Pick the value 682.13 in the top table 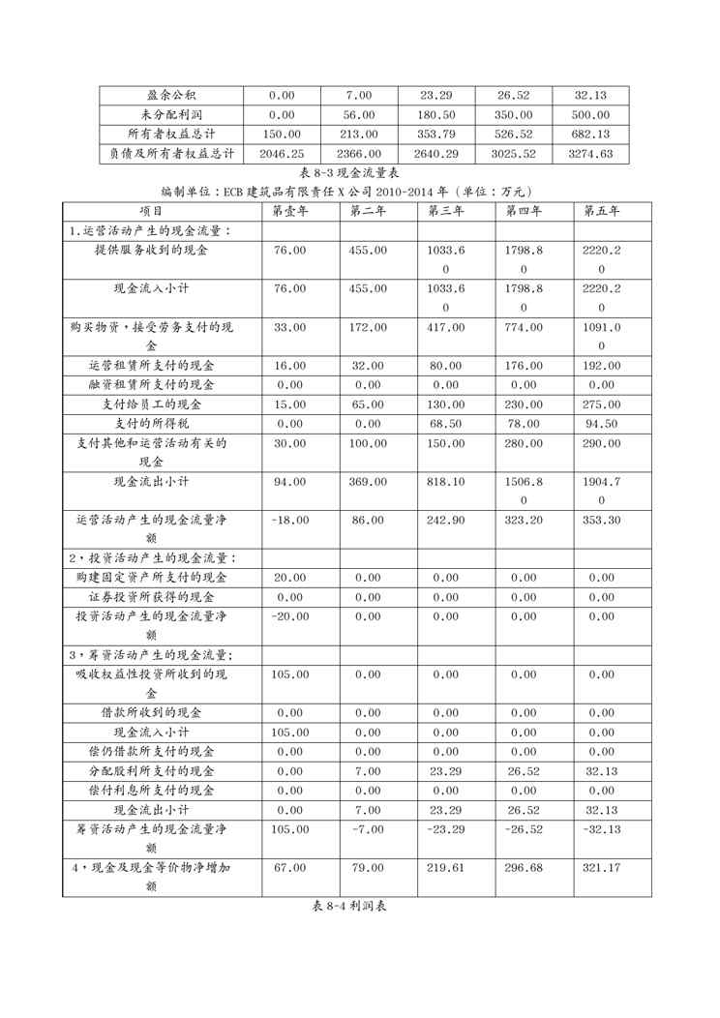point(591,135)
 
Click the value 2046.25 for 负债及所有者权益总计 point(282,154)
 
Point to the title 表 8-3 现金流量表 point(359,172)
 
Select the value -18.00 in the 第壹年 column point(290,520)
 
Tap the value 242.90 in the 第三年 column point(446,520)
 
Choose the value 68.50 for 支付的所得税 point(446,424)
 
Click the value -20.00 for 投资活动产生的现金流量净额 point(289,615)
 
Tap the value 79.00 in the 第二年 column point(368,868)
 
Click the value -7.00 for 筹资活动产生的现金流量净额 point(368,829)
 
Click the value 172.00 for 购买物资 point(368,327)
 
